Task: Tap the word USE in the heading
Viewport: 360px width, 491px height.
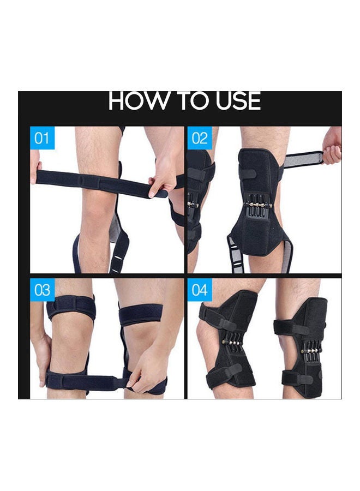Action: coord(236,102)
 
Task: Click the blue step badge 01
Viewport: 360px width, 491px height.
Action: coord(42,138)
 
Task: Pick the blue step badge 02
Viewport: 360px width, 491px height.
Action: coord(200,138)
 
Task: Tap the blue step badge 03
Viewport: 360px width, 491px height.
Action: coord(42,290)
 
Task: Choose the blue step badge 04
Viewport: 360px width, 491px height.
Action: coord(200,290)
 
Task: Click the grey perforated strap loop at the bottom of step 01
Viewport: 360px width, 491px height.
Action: coord(119,254)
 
